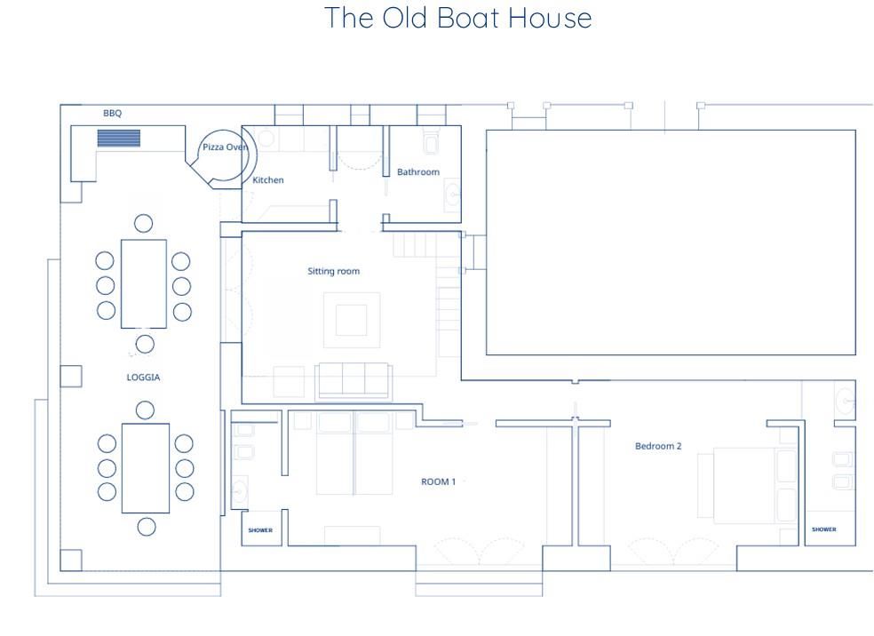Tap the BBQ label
112,113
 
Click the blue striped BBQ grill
119,138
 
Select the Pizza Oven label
225,147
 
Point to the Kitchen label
268,180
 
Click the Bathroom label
418,171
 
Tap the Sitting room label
334,272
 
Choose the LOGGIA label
143,378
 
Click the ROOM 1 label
438,481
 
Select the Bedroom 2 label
658,446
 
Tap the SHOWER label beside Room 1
260,530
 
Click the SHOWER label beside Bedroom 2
824,529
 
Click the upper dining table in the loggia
144,283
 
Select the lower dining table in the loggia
146,468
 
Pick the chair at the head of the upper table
143,224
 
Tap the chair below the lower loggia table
147,527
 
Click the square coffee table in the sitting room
351,320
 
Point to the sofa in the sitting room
354,382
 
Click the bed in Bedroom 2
748,485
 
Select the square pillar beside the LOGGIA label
71,377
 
